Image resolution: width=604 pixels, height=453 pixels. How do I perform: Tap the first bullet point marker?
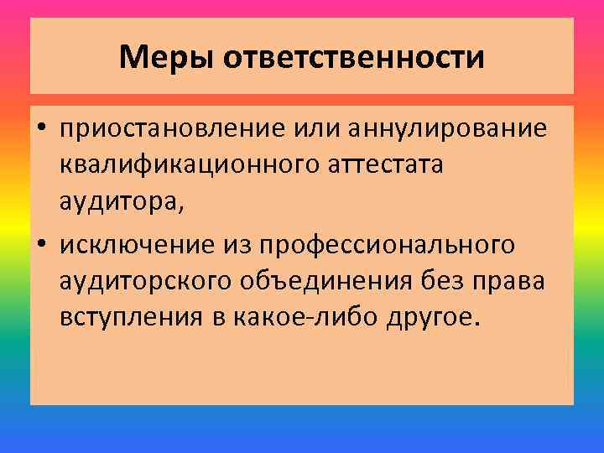41,130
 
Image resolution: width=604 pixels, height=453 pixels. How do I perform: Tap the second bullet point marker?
41,244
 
